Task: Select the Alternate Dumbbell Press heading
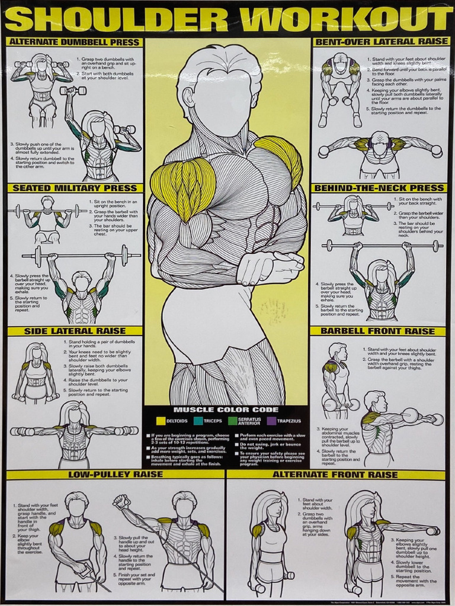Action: [x=75, y=43]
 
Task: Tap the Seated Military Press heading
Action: [x=75, y=188]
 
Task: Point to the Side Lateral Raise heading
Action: [x=75, y=331]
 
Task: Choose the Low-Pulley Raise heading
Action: [x=116, y=475]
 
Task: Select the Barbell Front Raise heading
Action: [x=377, y=331]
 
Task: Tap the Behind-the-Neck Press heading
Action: [x=377, y=188]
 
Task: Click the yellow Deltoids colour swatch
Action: [x=161, y=421]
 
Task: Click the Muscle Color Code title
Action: [x=225, y=410]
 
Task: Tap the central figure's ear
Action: [x=188, y=96]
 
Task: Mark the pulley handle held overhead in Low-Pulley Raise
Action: [x=121, y=501]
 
